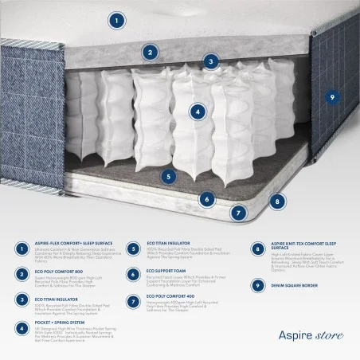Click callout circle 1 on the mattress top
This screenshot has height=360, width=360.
(x=116, y=21)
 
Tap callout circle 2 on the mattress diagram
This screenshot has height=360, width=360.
(x=149, y=53)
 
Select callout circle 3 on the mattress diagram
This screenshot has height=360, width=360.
(x=210, y=61)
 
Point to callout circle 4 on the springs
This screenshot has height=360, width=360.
(x=198, y=112)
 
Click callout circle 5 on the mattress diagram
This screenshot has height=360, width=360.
(x=168, y=177)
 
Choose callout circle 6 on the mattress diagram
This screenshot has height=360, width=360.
(x=207, y=199)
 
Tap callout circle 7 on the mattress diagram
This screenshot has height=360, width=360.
(x=237, y=213)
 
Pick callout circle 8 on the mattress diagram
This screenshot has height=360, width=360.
(x=276, y=202)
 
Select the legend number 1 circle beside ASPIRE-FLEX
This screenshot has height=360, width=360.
(x=20, y=249)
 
